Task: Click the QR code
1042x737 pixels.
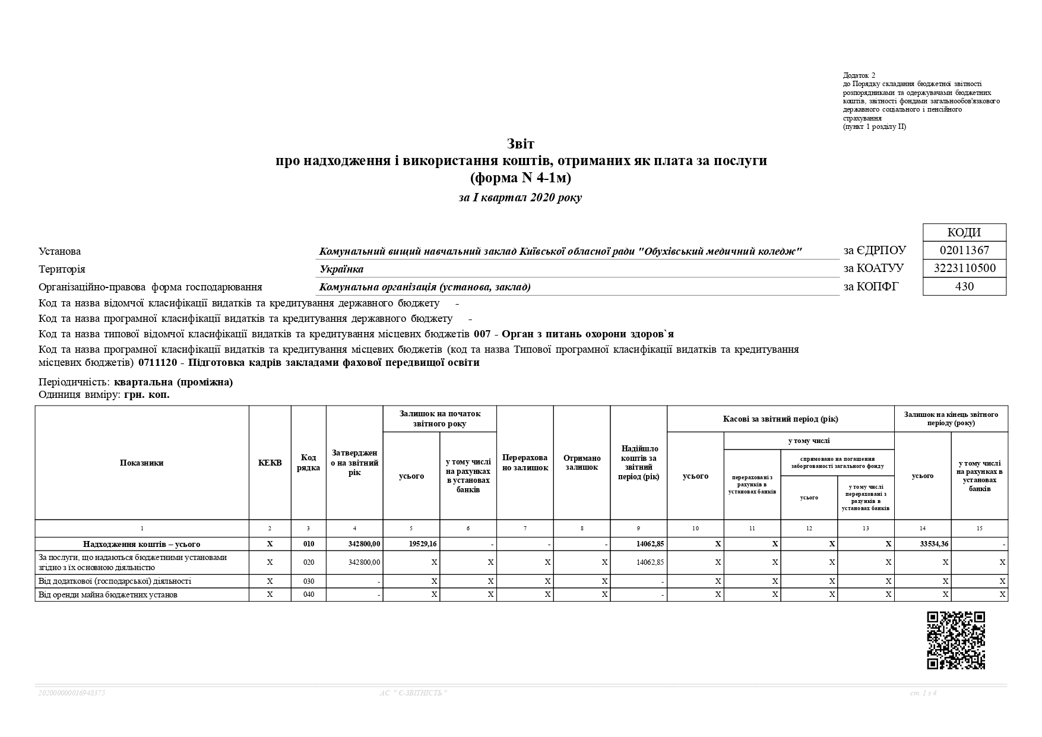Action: tap(956, 640)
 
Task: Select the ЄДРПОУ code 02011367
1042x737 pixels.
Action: tap(964, 251)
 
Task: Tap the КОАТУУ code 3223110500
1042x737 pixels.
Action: tap(964, 268)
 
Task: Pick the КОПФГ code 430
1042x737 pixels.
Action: tap(964, 286)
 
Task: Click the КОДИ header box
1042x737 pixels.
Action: tap(964, 232)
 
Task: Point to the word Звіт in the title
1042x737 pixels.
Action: tap(521, 144)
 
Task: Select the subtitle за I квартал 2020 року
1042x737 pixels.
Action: tap(520, 198)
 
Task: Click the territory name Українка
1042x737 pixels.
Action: tap(341, 269)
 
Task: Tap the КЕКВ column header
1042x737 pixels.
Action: tap(270, 463)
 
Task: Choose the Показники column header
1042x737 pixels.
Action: tap(141, 463)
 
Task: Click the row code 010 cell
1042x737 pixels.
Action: tap(308, 544)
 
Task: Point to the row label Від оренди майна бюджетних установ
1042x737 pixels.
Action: tap(108, 594)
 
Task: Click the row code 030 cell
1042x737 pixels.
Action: tap(308, 581)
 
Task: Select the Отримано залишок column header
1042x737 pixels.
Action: tap(582, 463)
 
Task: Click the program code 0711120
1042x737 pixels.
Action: tap(157, 363)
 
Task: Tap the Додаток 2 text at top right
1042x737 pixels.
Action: tap(859, 75)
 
